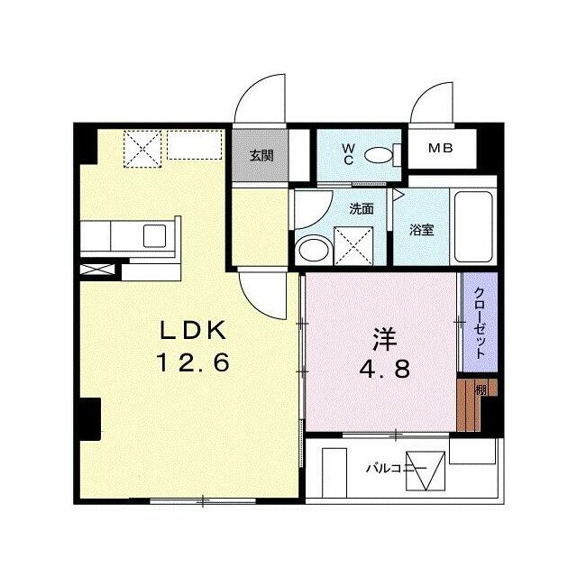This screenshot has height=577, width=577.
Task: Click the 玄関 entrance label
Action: [261, 156]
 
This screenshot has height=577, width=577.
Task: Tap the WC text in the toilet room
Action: [348, 154]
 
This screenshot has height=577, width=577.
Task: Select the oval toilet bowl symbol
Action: [379, 155]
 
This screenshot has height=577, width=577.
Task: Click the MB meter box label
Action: [441, 148]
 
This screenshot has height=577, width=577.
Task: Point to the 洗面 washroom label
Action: [362, 209]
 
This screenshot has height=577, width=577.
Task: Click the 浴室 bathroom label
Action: [422, 230]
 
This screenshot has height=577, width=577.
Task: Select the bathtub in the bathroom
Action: [473, 226]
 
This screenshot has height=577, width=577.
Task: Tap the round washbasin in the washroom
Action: [314, 251]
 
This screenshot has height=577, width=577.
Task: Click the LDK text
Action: [193, 330]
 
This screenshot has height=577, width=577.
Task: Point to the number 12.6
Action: [194, 362]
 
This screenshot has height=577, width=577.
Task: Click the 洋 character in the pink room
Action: [385, 339]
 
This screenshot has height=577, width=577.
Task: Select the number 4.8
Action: [385, 369]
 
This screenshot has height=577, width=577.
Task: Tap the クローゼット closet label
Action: [480, 323]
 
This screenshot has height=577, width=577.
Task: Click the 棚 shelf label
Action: [481, 389]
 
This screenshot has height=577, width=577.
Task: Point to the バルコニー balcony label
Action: [397, 469]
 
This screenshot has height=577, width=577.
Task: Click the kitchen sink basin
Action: [154, 236]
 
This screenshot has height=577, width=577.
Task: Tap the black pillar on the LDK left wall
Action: [90, 419]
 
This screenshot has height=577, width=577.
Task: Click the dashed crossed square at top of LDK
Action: [142, 149]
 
